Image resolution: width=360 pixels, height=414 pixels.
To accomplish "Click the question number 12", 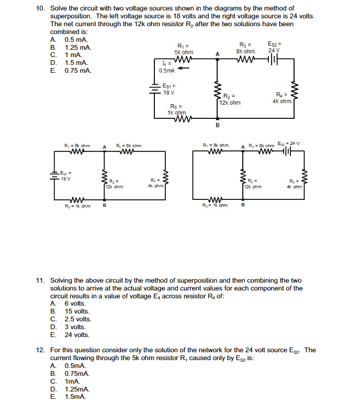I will pos(40,350).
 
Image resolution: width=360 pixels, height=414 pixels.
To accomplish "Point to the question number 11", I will pos(40,281).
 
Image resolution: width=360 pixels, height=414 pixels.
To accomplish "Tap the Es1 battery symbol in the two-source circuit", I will pos(155,89).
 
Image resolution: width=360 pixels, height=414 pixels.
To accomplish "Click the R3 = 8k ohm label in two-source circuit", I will pos(246,48).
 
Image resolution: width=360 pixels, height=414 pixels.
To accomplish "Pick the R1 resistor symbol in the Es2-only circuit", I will pos(217,152).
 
